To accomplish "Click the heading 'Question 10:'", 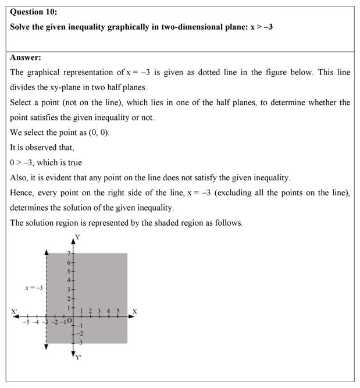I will [34, 12].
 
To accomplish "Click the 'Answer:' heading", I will [26, 57].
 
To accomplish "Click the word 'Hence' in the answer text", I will [22, 193].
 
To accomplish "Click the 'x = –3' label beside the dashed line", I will [33, 287].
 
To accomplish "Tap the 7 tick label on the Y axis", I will [69, 254].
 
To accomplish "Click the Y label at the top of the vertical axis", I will [77, 237].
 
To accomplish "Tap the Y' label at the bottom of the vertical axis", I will [78, 357].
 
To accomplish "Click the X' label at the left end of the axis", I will [15, 312].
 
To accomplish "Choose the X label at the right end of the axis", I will [134, 312].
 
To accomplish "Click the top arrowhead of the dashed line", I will [46, 251].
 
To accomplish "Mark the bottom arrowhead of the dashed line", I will [46, 347].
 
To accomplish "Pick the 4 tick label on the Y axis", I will [69, 280].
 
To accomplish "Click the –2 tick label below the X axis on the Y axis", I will [80, 333].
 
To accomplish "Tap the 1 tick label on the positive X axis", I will [81, 312].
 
